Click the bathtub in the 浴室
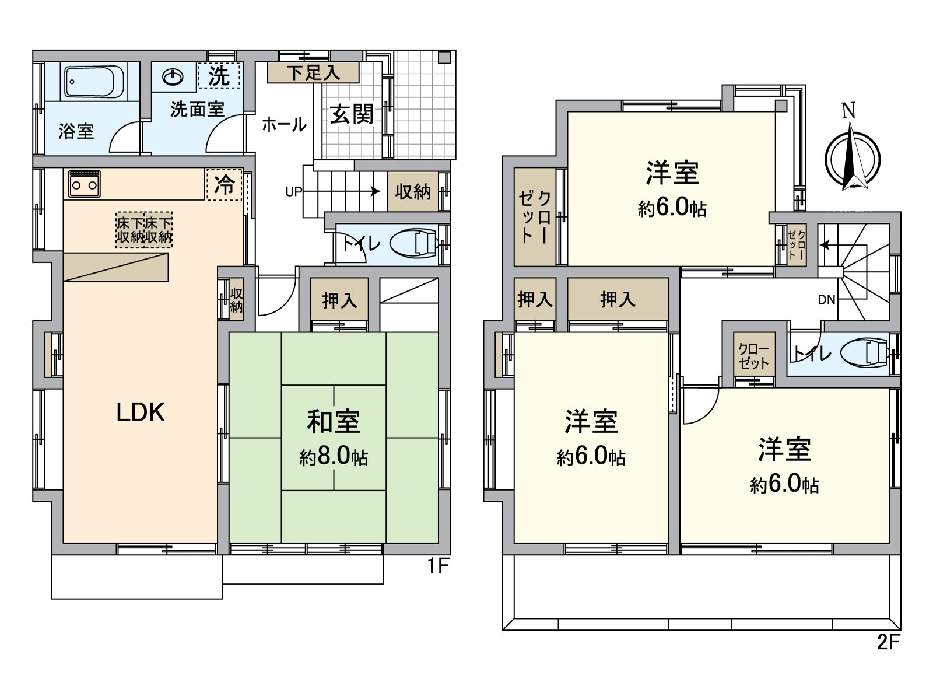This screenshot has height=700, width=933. click(x=94, y=82)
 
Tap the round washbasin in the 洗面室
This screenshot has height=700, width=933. click(x=173, y=77)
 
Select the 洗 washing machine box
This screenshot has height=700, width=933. click(x=219, y=75)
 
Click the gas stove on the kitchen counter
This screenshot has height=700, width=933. click(x=85, y=184)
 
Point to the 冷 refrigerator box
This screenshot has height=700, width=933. click(x=224, y=185)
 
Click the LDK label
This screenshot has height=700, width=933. click(x=141, y=412)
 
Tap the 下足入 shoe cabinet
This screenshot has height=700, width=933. click(x=313, y=73)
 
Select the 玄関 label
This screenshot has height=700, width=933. click(x=352, y=114)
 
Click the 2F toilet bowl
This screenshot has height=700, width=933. click(x=865, y=353)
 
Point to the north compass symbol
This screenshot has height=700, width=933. click(x=852, y=158)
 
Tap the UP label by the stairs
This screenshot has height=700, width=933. click(x=293, y=192)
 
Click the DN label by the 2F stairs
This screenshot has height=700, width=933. click(x=826, y=300)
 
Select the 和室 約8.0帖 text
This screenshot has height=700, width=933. click(x=334, y=437)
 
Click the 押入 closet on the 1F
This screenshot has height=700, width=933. click(x=339, y=300)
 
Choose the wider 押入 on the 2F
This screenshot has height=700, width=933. click(x=617, y=299)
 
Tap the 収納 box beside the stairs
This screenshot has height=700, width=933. click(x=413, y=191)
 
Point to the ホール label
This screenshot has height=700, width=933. click(x=284, y=124)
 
